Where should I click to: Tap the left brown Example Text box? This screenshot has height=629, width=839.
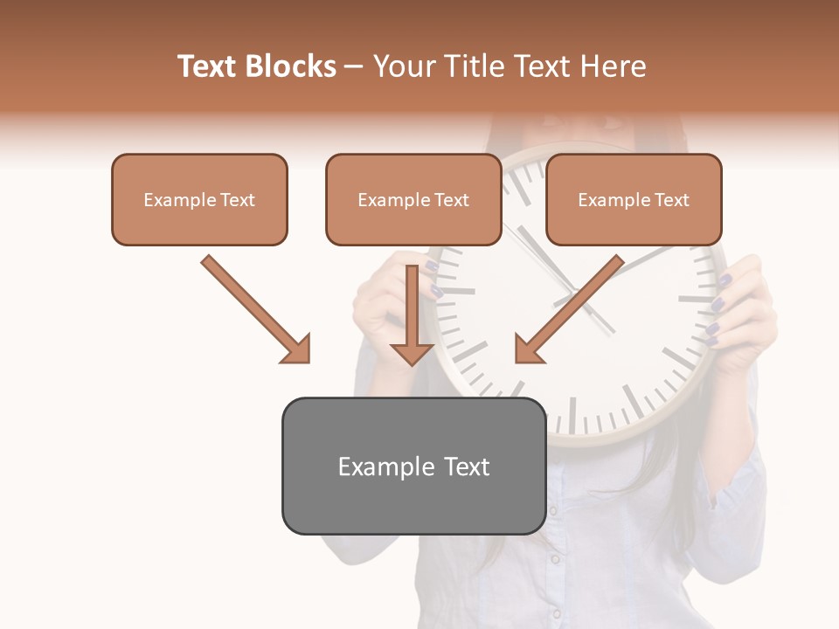click(x=199, y=200)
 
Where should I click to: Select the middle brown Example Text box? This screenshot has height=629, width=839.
click(x=413, y=200)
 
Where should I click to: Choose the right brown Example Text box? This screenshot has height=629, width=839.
click(x=634, y=200)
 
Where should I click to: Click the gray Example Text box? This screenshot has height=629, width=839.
click(x=413, y=467)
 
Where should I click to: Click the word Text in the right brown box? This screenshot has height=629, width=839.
click(x=672, y=200)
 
